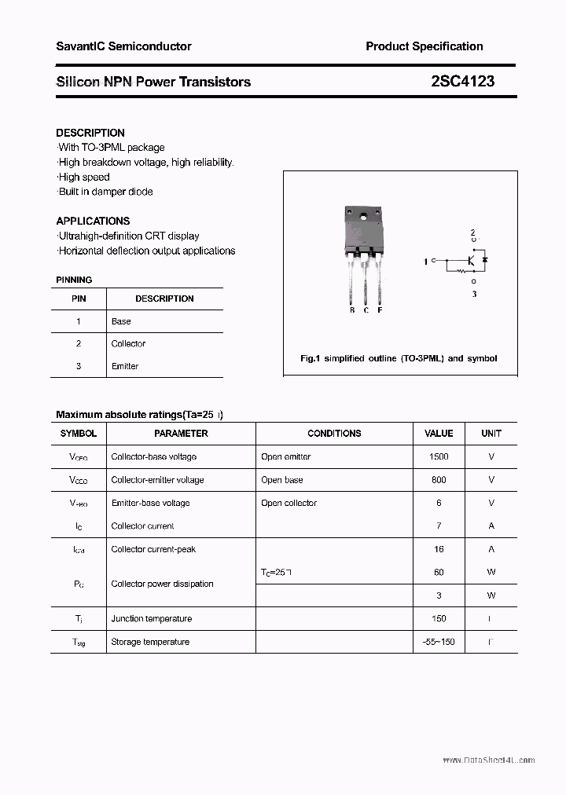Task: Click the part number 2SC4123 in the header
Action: pyautogui.click(x=462, y=81)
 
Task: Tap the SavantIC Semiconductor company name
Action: pyautogui.click(x=123, y=46)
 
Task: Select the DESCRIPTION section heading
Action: pyautogui.click(x=90, y=133)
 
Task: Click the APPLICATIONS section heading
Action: pyautogui.click(x=93, y=221)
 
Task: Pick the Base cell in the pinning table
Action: pyautogui.click(x=121, y=321)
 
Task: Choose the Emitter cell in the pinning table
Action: pyautogui.click(x=125, y=366)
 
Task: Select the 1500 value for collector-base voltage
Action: pyautogui.click(x=439, y=456)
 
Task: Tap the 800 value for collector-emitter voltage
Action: pyautogui.click(x=439, y=480)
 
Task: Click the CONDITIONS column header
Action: pyautogui.click(x=334, y=434)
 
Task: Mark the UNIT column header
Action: pyautogui.click(x=491, y=434)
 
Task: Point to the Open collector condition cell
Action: pyautogui.click(x=289, y=503)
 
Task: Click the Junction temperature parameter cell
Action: pyautogui.click(x=151, y=619)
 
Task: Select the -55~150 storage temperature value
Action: pyautogui.click(x=439, y=642)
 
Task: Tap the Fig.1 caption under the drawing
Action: pyautogui.click(x=399, y=358)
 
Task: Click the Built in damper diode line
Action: pyautogui.click(x=105, y=192)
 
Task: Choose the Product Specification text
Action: pyautogui.click(x=424, y=46)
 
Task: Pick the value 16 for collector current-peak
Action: pyautogui.click(x=439, y=549)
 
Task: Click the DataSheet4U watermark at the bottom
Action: pyautogui.click(x=488, y=760)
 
